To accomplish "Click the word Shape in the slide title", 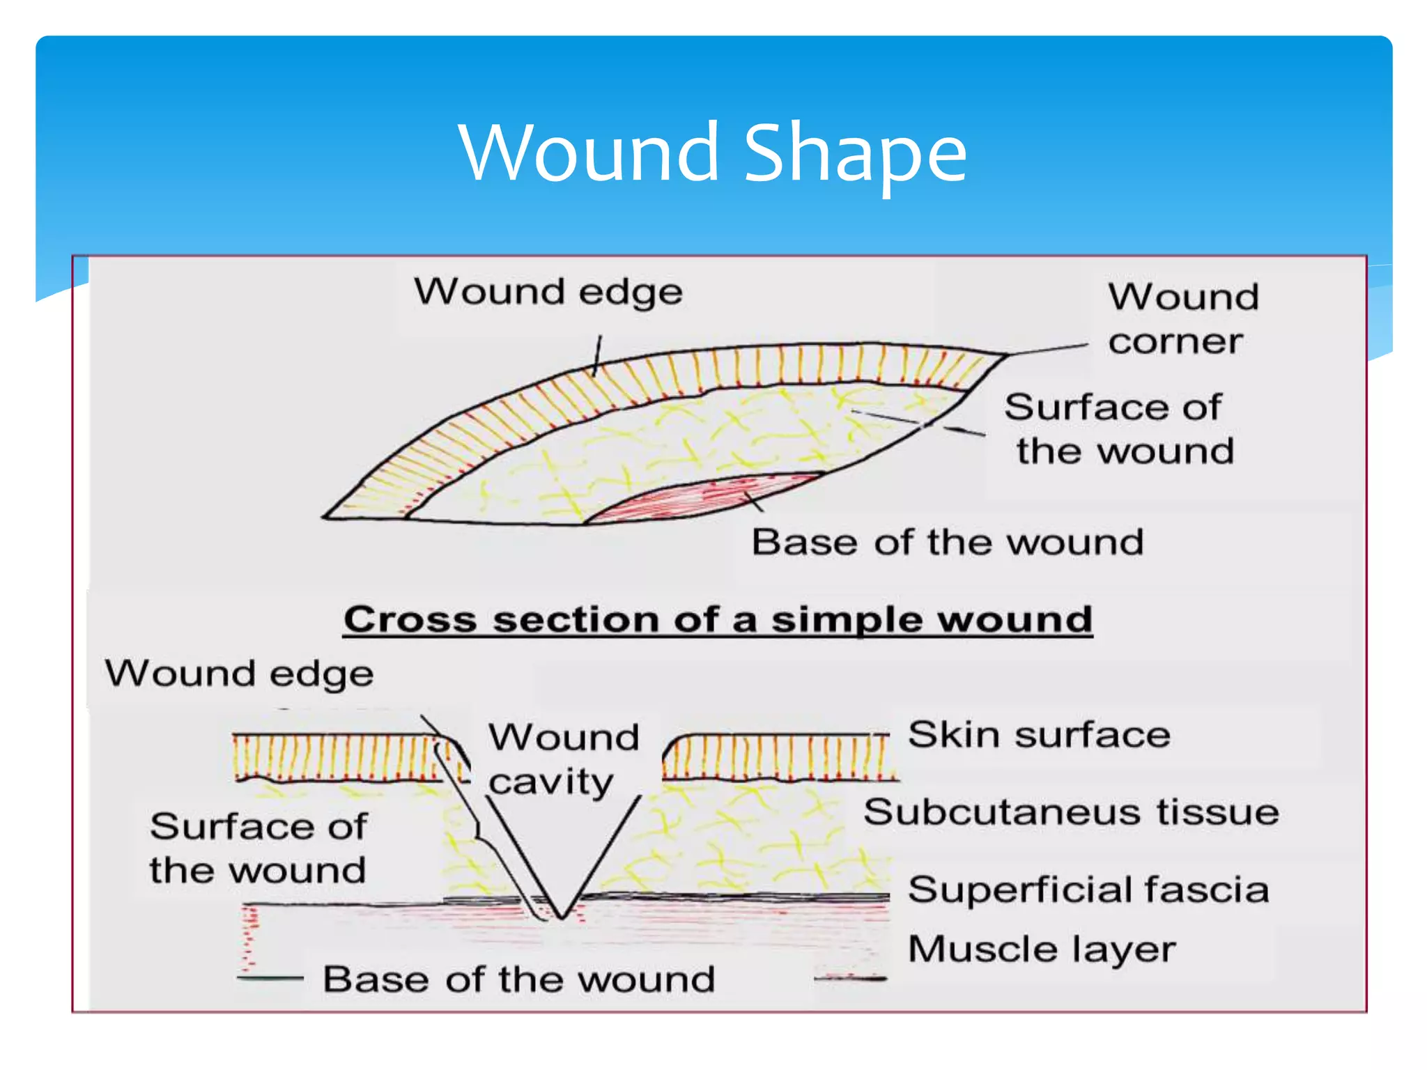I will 856,153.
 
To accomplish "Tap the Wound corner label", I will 1182,319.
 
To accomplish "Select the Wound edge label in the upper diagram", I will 548,292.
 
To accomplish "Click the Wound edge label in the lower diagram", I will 239,674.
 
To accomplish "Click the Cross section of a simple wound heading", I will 718,619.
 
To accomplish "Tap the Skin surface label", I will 1039,735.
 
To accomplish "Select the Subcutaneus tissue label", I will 1071,812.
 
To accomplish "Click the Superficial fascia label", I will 1088,890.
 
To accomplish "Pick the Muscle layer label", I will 1042,949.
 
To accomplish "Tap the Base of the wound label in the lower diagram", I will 519,979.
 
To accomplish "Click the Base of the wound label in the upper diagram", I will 948,542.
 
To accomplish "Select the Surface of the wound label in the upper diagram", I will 1119,429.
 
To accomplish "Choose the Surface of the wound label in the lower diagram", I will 258,848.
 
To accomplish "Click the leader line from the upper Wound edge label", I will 598,355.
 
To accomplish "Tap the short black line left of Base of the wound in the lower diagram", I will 270,979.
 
